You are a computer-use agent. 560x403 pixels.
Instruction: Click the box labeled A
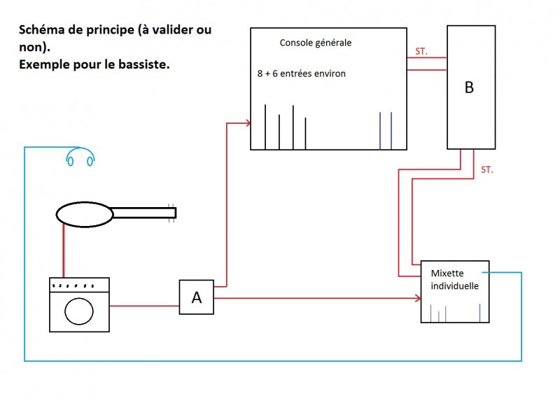point(197,297)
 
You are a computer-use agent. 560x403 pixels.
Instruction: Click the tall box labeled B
point(470,87)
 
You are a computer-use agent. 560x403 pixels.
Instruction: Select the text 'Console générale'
point(315,43)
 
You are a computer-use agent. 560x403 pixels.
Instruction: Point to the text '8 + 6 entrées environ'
point(302,73)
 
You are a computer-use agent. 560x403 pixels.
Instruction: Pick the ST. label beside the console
point(421,51)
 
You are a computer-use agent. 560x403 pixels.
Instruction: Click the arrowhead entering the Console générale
point(247,124)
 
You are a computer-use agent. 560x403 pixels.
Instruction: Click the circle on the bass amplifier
point(79,309)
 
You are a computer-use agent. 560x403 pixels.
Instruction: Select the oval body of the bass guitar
point(85,213)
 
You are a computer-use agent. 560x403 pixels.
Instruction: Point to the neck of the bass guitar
point(143,211)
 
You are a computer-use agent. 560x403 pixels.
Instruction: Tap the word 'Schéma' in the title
point(40,31)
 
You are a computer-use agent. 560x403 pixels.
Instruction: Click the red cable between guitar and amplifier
point(64,252)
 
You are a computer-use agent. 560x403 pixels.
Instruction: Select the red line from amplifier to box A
point(144,305)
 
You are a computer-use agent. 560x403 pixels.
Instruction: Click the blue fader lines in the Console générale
point(386,131)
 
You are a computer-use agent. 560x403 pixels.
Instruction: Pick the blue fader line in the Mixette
point(479,313)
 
